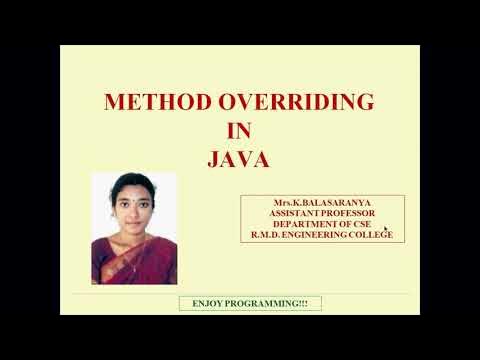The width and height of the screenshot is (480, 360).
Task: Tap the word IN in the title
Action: point(240,130)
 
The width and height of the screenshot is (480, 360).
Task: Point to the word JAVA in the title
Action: point(240,158)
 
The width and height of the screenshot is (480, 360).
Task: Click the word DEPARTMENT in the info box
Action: point(299,224)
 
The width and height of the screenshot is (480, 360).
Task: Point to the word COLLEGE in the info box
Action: point(370,235)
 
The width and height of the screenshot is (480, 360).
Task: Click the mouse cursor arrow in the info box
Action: point(386,229)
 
